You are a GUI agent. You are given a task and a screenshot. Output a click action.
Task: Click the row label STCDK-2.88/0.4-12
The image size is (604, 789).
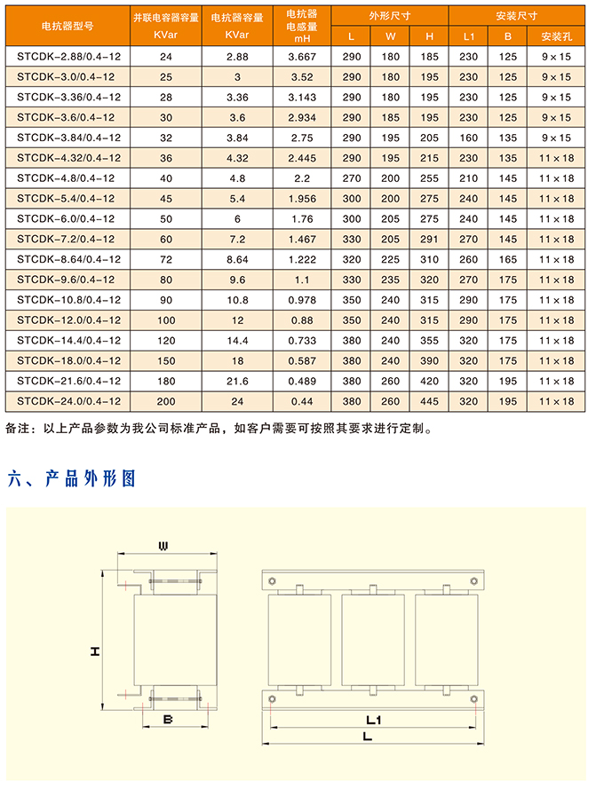click(x=68, y=56)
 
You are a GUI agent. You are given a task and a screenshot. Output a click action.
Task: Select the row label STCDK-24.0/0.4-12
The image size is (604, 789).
click(x=68, y=401)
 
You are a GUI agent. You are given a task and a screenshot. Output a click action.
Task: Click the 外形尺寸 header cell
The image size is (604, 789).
click(x=390, y=16)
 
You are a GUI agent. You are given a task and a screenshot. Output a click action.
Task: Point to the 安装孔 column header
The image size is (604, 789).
click(x=556, y=36)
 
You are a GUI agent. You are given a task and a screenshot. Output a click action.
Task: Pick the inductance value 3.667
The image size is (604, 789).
click(x=302, y=56)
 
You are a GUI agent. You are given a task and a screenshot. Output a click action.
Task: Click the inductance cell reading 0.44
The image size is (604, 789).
click(x=302, y=401)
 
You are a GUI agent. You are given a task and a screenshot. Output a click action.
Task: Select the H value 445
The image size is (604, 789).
click(x=430, y=401)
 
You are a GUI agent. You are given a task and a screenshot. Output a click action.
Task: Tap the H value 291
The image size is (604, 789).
click(x=430, y=239)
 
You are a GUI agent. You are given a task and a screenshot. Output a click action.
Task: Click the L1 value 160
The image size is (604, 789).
click(x=469, y=138)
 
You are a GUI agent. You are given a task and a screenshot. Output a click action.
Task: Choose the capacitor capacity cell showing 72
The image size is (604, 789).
click(x=165, y=259)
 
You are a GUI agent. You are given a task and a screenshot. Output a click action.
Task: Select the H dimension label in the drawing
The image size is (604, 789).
click(x=94, y=652)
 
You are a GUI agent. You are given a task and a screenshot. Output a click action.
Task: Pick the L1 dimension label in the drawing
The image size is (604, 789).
click(x=373, y=718)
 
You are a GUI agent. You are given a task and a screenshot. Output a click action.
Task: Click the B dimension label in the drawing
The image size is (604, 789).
click(x=167, y=719)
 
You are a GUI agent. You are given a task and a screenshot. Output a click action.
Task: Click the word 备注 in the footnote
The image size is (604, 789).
click(x=18, y=430)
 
